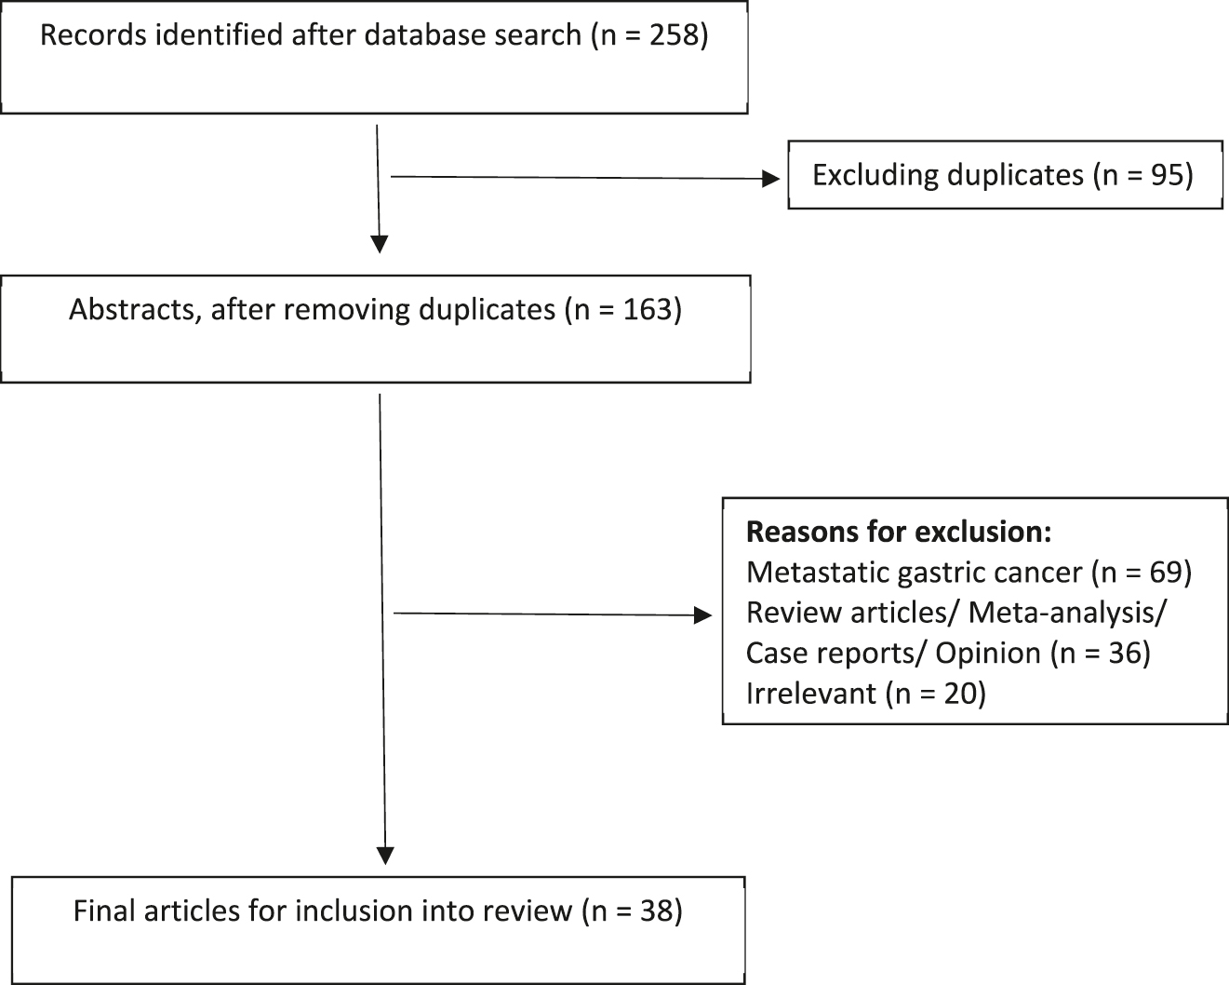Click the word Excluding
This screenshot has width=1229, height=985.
pos(875,175)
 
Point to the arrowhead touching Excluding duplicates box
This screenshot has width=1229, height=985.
pos(771,179)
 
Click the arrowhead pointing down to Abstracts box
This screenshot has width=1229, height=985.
pos(379,244)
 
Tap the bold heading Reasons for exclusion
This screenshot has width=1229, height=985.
pos(899,532)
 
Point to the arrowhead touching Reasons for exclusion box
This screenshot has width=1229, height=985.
pos(703,614)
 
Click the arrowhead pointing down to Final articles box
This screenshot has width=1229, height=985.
pos(385,855)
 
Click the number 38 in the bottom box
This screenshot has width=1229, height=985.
pos(655,910)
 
